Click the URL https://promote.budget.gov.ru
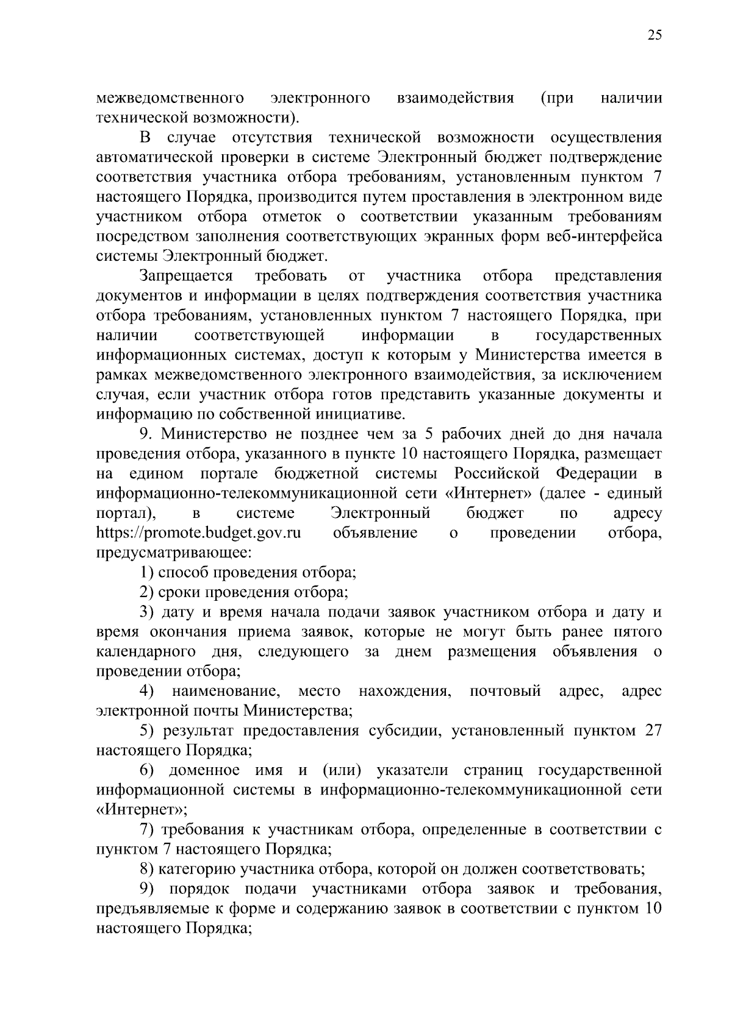(x=199, y=533)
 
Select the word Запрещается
(x=187, y=276)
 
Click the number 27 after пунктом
(x=653, y=731)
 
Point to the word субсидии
(x=404, y=731)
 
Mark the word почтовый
(x=506, y=692)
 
